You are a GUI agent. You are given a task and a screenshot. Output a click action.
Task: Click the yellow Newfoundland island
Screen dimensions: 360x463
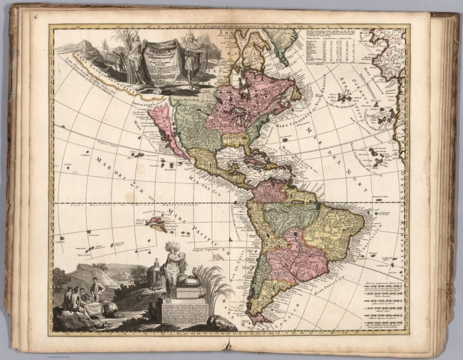point(295,93)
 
